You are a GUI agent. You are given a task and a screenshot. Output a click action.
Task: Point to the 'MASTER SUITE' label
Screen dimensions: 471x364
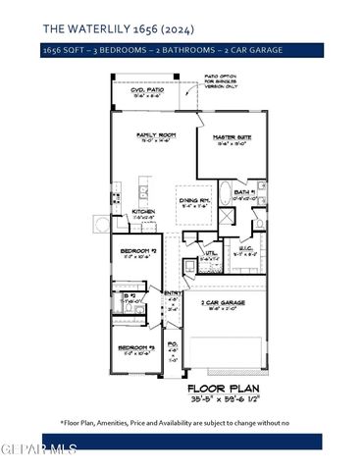point(232,137)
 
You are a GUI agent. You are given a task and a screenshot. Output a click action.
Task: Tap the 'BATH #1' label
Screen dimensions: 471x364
point(245,192)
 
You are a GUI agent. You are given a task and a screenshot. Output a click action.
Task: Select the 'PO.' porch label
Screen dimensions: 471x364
point(173,343)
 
